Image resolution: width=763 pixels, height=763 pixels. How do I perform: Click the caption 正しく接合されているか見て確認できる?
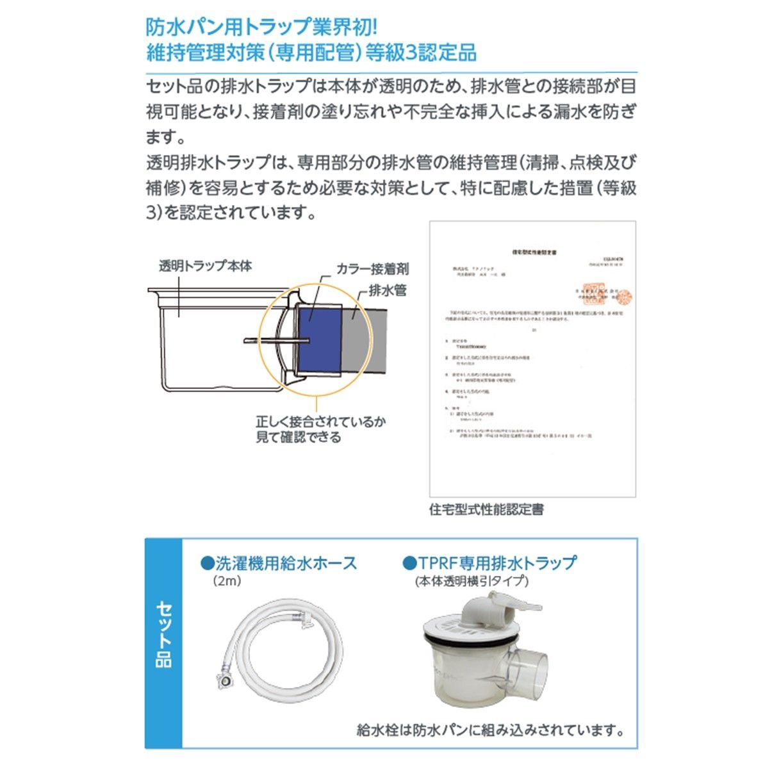[x=321, y=430]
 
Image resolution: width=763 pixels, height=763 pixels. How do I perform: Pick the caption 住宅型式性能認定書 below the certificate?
[x=487, y=510]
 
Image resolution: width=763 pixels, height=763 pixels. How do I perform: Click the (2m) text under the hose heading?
[x=227, y=582]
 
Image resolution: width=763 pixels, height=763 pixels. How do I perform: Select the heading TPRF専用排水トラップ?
[x=490, y=563]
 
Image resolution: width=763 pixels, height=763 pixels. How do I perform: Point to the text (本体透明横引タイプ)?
[x=472, y=582]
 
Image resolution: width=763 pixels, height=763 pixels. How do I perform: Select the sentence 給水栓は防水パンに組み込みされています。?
[x=491, y=730]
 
